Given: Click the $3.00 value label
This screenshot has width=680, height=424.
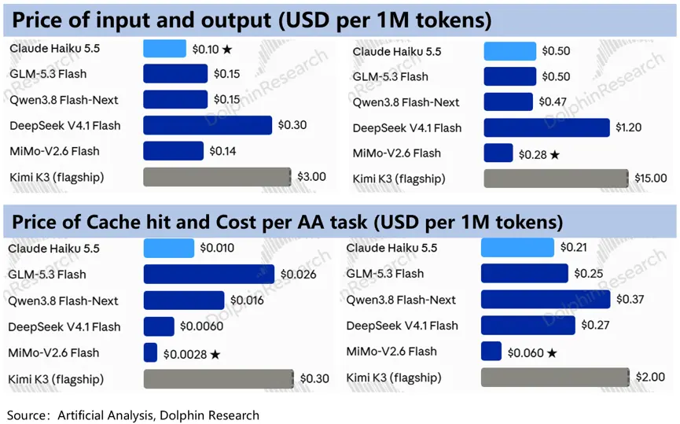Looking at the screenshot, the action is tap(311, 177).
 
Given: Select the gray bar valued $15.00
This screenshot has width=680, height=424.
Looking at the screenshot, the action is tap(556, 179).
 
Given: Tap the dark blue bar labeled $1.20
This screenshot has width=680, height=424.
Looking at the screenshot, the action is tap(546, 127).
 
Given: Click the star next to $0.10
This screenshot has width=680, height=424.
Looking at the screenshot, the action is tap(227, 50).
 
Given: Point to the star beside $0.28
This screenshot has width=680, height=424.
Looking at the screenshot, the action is tap(555, 155).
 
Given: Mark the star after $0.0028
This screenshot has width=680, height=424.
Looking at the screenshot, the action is tap(215, 355).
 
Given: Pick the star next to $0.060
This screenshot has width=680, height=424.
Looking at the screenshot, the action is tap(552, 353).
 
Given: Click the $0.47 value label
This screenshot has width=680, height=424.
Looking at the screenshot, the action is tap(553, 101).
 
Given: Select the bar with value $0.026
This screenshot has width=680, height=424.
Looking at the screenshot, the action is tap(208, 275).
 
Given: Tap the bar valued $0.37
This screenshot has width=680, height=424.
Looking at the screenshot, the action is tap(546, 300).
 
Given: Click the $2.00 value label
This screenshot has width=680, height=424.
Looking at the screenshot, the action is tap(650, 377).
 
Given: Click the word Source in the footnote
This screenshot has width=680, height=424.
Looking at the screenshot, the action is tap(26, 415).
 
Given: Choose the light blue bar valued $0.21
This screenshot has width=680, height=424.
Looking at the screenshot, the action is tap(517, 247).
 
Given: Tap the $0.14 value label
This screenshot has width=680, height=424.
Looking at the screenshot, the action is tap(223, 151).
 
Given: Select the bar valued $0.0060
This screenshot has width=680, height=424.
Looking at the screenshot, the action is tap(159, 326).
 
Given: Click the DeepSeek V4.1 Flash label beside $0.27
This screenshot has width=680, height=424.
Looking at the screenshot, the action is tap(402, 326).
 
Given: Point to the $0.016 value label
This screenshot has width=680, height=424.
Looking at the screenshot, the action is tap(247, 300).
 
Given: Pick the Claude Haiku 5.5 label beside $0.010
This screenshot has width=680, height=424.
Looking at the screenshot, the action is tap(53, 249).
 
